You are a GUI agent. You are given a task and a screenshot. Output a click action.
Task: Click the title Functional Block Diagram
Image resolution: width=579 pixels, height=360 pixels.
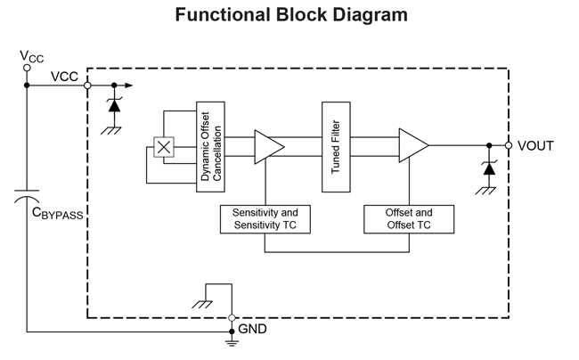290,15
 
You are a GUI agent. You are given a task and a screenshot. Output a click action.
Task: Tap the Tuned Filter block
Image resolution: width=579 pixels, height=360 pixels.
336,146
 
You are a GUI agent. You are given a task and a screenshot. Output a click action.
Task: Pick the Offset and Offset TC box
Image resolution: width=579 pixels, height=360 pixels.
409,219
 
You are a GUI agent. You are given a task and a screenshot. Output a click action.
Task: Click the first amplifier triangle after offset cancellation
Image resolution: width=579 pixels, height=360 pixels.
268,146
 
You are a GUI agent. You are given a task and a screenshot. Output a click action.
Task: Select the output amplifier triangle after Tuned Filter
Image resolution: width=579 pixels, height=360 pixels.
412,146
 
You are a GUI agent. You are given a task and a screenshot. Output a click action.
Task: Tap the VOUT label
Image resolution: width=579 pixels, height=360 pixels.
534,145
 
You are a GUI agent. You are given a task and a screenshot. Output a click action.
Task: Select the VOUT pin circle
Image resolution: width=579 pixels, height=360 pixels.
509,145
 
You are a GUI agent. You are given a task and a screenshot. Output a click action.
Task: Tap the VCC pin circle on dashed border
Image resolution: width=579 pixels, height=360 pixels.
88,86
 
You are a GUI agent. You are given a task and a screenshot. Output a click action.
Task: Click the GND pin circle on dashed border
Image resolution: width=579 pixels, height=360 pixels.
232,317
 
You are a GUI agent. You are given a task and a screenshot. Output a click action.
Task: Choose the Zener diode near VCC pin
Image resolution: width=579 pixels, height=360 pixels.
113,104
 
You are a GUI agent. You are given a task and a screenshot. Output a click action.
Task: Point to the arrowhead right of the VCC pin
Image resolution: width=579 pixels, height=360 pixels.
131,86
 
